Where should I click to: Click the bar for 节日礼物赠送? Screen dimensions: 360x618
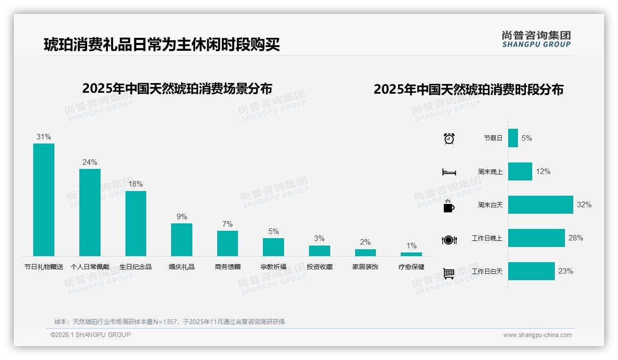click(44, 199)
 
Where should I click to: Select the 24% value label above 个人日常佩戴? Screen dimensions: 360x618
click(90, 162)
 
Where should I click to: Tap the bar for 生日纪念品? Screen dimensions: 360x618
click(136, 223)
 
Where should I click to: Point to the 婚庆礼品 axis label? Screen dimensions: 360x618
click(181, 267)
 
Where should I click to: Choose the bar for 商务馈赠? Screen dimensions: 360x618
click(227, 243)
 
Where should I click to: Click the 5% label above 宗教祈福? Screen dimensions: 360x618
click(273, 231)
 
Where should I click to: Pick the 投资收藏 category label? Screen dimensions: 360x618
click(320, 267)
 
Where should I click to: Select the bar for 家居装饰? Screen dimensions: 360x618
click(365, 252)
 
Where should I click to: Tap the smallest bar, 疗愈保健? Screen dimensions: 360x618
click(411, 254)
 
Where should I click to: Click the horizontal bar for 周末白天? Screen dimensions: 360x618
click(541, 204)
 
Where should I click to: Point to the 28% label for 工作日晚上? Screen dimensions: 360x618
click(576, 238)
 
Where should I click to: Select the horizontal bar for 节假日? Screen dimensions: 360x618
click(513, 138)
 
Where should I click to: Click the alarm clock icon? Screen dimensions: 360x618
click(449, 138)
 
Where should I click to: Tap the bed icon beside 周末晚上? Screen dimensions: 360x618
click(449, 172)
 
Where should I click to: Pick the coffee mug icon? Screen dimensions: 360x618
click(449, 206)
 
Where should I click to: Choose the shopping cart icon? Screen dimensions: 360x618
click(449, 274)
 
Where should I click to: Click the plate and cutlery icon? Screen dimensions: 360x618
click(449, 240)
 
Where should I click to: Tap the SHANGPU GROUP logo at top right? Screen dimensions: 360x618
click(536, 39)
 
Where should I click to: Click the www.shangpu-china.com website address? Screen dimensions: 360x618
click(537, 335)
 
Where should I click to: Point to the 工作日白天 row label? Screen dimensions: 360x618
click(487, 271)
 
